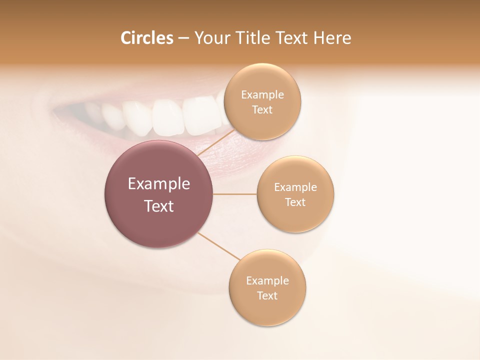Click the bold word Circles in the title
[x=146, y=38]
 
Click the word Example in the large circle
[x=159, y=184]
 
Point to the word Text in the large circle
[x=159, y=206]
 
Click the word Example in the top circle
[x=262, y=95]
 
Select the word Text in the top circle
[x=262, y=110]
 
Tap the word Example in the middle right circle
[x=295, y=187]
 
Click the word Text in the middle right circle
[x=295, y=202]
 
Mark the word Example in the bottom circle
[x=267, y=281]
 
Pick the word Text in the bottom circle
[x=267, y=296]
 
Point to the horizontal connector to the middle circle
[x=235, y=194]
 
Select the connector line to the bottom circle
[x=218, y=245]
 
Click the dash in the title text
[x=183, y=38]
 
